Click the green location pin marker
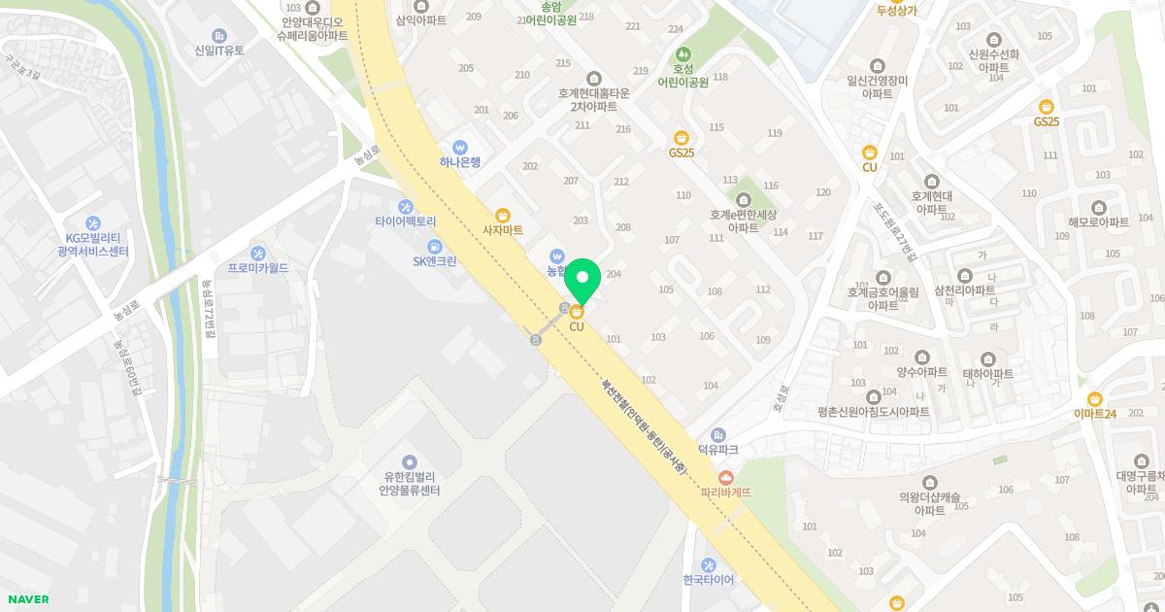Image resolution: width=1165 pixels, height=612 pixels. (582, 281)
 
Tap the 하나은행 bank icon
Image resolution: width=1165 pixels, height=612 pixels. (460, 146)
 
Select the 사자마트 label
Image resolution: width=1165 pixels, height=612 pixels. (503, 230)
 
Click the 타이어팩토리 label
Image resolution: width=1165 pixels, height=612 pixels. (406, 221)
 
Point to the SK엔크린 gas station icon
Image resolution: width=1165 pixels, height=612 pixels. (434, 246)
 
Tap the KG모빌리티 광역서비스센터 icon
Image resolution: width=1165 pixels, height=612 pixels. (93, 222)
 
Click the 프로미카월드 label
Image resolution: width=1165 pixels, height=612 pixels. (258, 267)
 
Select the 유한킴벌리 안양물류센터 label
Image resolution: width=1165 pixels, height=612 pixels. (410, 484)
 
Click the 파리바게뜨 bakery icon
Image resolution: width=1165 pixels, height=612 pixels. (726, 476)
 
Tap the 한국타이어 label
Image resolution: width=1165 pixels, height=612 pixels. (709, 580)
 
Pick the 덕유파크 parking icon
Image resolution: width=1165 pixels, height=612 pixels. (718, 434)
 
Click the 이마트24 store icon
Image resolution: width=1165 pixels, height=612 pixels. (1095, 398)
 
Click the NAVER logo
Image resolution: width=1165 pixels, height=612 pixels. (26, 599)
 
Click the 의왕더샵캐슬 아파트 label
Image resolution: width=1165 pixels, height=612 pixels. (929, 503)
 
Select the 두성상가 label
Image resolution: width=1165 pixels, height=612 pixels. (896, 11)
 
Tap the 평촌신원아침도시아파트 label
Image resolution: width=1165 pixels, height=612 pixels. (874, 412)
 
